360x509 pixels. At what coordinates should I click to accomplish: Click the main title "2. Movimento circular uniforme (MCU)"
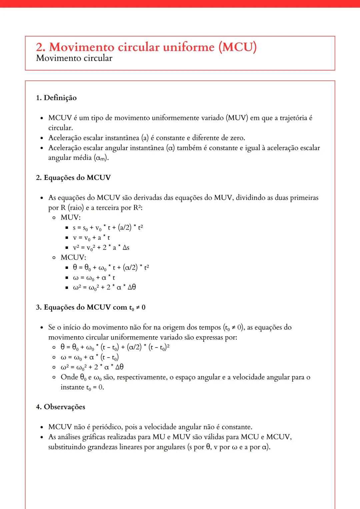pyautogui.click(x=146, y=47)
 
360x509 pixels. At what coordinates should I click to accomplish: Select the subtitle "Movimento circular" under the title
pyautogui.click(x=74, y=58)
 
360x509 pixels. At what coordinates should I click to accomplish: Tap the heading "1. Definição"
pyautogui.click(x=56, y=98)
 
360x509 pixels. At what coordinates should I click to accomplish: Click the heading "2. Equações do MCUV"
pyautogui.click(x=73, y=178)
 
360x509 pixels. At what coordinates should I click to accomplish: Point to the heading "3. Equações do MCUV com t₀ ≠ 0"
pyautogui.click(x=91, y=307)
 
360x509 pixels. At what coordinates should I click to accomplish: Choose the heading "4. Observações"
pyautogui.click(x=61, y=407)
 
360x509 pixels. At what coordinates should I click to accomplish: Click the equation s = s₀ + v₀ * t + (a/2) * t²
pyautogui.click(x=108, y=228)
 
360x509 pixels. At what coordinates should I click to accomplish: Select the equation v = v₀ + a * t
pyautogui.click(x=91, y=238)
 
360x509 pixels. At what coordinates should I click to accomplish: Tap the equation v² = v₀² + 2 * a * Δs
pyautogui.click(x=101, y=248)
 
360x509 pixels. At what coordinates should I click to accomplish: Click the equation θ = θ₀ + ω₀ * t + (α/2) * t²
pyautogui.click(x=111, y=267)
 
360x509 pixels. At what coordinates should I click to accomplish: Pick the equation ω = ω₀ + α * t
pyautogui.click(x=94, y=277)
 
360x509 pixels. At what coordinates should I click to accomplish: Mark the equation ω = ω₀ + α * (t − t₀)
pyautogui.click(x=90, y=357)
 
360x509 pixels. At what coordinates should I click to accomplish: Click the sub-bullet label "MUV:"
pyautogui.click(x=71, y=218)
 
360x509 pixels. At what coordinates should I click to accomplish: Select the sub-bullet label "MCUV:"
pyautogui.click(x=73, y=257)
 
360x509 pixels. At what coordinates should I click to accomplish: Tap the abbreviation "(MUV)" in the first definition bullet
pyautogui.click(x=237, y=118)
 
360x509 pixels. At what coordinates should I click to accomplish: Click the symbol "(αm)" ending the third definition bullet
pyautogui.click(x=101, y=158)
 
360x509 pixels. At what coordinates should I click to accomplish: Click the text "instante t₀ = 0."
pyautogui.click(x=82, y=387)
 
